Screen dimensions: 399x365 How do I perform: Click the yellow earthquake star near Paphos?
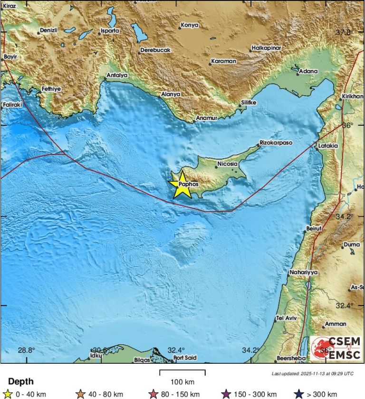point(182,185)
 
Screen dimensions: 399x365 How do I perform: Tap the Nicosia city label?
point(227,164)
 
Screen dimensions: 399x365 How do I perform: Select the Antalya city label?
point(117,75)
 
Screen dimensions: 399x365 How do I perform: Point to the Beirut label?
point(315,229)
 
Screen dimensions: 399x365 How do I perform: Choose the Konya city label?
point(190,25)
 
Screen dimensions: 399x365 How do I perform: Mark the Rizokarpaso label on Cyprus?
point(276,143)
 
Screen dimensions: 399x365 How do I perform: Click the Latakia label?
point(329,146)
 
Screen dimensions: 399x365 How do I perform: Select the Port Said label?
point(185,358)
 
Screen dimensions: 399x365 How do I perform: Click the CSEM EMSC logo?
point(336,348)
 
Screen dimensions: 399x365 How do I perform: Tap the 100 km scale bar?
point(182,373)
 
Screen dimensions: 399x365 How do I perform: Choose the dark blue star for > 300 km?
point(298,394)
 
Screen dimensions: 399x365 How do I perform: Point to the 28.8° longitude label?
point(27,350)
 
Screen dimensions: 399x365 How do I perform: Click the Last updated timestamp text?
point(313,373)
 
